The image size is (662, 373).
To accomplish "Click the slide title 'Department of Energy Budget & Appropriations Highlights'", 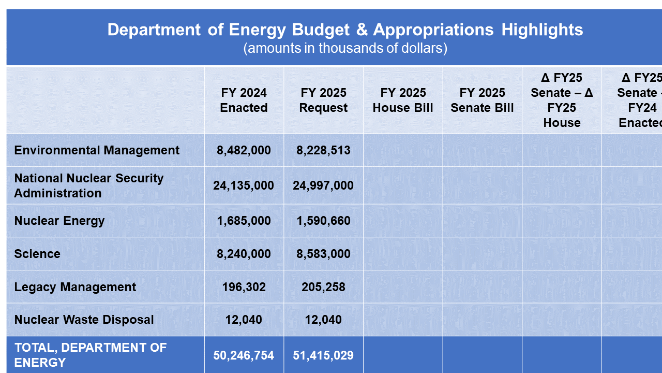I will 345,30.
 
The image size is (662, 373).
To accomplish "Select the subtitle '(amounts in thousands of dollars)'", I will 345,48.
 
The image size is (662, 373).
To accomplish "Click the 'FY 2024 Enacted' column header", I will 244,101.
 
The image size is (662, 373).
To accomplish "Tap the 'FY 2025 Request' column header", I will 323,101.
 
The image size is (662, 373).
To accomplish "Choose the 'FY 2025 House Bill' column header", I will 402,101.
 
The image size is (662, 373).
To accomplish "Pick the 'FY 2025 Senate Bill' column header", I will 482,101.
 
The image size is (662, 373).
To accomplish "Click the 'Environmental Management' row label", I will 97,150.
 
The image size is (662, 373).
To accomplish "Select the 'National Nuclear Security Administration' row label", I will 89,185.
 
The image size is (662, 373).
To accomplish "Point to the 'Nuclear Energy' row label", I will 59,221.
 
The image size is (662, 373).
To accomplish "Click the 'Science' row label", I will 37,254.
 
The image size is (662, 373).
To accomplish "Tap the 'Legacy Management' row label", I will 75,287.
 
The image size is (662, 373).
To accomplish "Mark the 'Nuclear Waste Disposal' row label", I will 84,320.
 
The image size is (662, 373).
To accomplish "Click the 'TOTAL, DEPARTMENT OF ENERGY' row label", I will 91,355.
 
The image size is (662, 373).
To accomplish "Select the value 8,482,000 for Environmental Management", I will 244,150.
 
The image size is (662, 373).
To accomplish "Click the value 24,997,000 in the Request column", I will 323,185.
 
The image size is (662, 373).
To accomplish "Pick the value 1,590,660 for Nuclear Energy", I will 323,221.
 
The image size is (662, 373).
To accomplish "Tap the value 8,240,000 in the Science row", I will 244,254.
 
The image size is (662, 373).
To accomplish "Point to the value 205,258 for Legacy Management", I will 323,287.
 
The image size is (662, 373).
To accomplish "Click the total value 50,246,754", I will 244,355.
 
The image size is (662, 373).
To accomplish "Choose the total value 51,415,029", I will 323,355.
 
